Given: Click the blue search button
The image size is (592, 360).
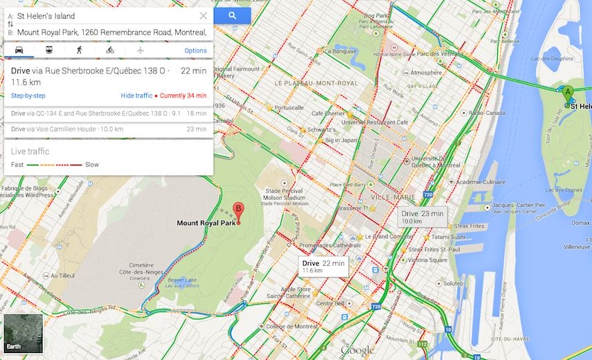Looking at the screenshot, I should pyautogui.click(x=232, y=15).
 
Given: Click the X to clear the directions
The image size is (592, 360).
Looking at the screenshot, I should pyautogui.click(x=203, y=15).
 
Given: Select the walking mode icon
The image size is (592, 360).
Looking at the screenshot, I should pyautogui.click(x=80, y=50).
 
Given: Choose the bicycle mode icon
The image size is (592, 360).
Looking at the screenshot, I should pyautogui.click(x=110, y=50).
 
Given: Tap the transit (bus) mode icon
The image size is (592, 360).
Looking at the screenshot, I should pyautogui.click(x=49, y=50).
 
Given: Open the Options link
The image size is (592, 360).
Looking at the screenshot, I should pyautogui.click(x=195, y=51).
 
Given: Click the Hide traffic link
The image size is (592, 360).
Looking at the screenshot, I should pyautogui.click(x=136, y=96).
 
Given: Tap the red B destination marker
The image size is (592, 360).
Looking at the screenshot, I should pyautogui.click(x=238, y=210).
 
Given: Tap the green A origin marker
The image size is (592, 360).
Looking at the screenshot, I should pyautogui.click(x=568, y=94).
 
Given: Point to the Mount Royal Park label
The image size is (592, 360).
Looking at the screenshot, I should pyautogui.click(x=206, y=223).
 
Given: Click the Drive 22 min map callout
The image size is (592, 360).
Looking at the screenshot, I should pyautogui.click(x=323, y=266).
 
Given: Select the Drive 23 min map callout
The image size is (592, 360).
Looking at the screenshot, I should pyautogui.click(x=422, y=217).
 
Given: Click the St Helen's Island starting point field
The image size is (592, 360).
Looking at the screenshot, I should pyautogui.click(x=104, y=15).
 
